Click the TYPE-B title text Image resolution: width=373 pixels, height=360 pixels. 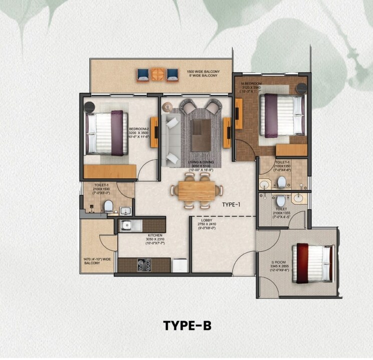[x=187, y=325]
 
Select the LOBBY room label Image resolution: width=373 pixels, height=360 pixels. [x=207, y=222]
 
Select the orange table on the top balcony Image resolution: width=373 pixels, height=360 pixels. [x=158, y=75]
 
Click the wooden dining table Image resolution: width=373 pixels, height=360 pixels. [x=196, y=190]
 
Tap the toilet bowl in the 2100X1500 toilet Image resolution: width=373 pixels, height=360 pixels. [x=108, y=205]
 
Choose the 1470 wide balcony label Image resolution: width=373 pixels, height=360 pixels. [x=92, y=261]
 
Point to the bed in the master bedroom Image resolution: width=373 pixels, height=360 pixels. [x=281, y=116]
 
